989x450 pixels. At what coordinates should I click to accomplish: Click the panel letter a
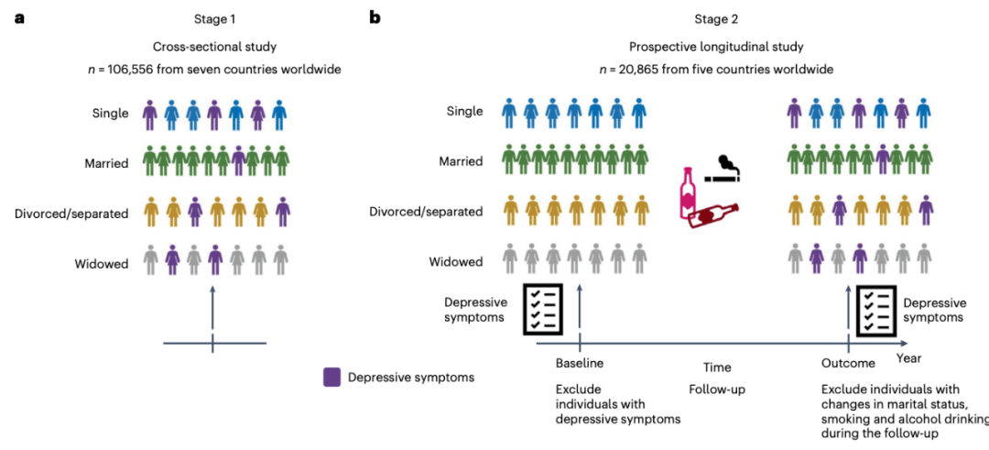pyautogui.click(x=18, y=17)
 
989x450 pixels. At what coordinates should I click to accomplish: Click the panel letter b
pyautogui.click(x=375, y=17)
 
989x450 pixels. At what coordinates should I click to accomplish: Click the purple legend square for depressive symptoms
pyautogui.click(x=332, y=377)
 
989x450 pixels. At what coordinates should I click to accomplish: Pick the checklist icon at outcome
pyautogui.click(x=875, y=308)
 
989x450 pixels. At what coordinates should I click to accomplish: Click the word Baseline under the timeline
pyautogui.click(x=579, y=363)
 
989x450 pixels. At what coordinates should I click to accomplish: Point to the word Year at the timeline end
pyautogui.click(x=909, y=357)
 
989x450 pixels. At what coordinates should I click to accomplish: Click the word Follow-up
pyautogui.click(x=717, y=389)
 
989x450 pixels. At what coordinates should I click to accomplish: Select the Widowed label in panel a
pyautogui.click(x=102, y=263)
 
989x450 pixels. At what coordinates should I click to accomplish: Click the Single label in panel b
pyautogui.click(x=463, y=112)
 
